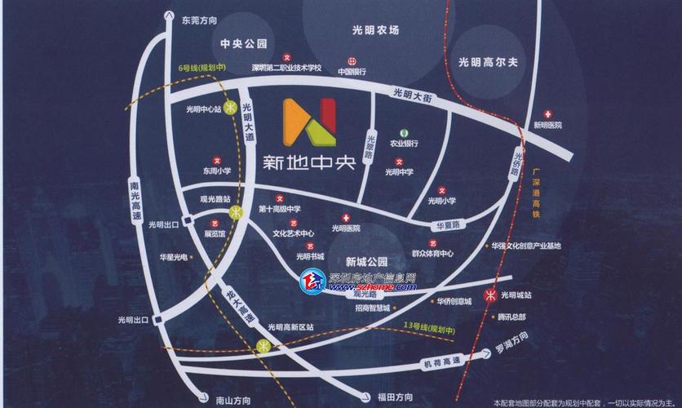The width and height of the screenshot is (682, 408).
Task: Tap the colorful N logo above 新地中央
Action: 309,122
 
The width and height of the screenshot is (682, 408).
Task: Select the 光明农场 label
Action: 375,30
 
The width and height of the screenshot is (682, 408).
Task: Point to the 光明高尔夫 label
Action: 489,61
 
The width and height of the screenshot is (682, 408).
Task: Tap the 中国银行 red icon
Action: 352,60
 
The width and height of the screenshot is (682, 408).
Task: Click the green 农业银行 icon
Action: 403,132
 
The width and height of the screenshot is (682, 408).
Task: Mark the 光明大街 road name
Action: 414,95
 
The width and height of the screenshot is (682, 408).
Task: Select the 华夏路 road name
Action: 449,223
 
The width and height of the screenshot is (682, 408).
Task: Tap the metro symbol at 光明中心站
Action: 232,107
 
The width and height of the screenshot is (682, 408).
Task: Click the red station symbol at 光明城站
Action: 491,295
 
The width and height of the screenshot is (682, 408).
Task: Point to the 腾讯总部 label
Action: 511,317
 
